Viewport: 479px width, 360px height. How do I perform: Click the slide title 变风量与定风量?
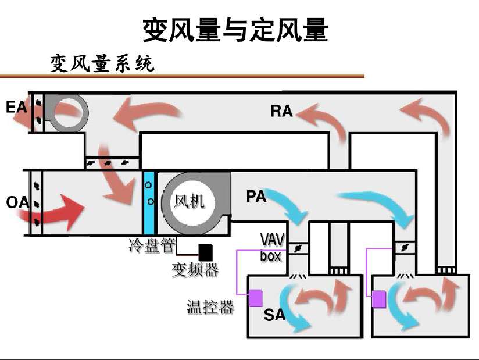pyautogui.click(x=235, y=30)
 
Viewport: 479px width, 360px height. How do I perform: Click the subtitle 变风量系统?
pyautogui.click(x=102, y=63)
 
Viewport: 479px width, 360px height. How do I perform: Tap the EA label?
pyautogui.click(x=17, y=107)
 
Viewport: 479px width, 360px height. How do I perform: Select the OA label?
pyautogui.click(x=17, y=202)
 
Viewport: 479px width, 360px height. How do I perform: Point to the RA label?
pyautogui.click(x=281, y=111)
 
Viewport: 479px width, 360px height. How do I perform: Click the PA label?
pyautogui.click(x=256, y=197)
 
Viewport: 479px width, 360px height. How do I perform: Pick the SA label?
pyautogui.click(x=274, y=315)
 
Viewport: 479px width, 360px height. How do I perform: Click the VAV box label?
pyautogui.click(x=271, y=247)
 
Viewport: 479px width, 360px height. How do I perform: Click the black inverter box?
pyautogui.click(x=205, y=252)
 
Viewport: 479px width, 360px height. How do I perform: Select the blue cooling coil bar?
pyautogui.click(x=149, y=203)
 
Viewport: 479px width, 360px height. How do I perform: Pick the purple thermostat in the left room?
pyautogui.click(x=255, y=298)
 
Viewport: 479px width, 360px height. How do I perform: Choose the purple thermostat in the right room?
pyautogui.click(x=378, y=300)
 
